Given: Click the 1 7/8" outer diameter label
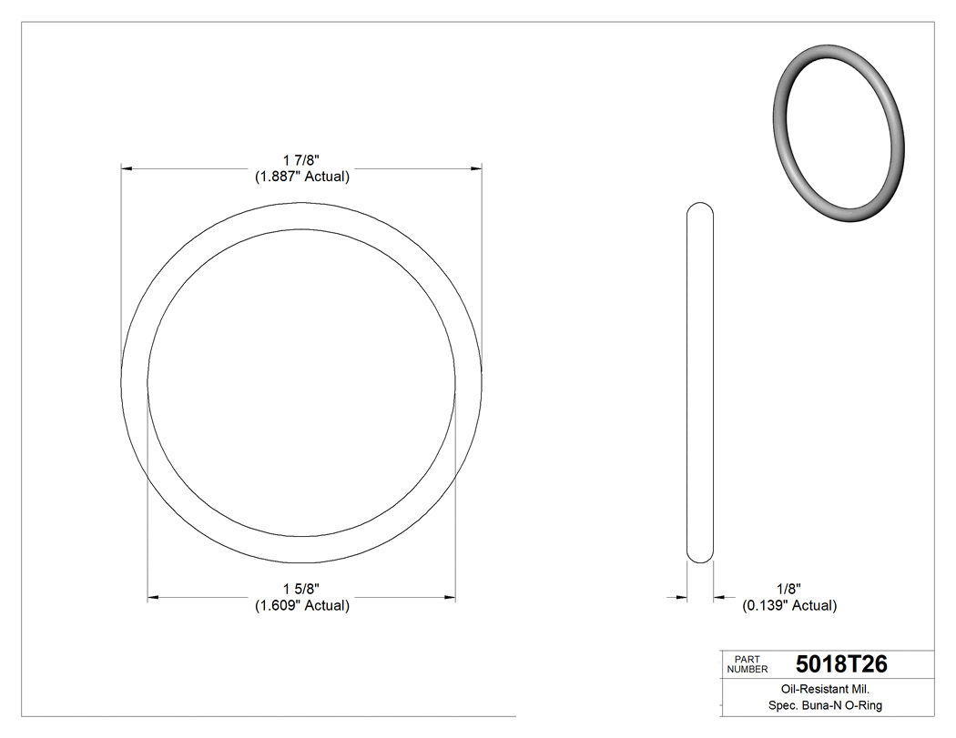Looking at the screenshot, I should point(301,160).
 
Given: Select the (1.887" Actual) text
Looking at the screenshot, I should point(301,177).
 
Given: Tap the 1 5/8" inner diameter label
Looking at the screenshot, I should point(301,589).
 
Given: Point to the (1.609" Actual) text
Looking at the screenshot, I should point(301,605).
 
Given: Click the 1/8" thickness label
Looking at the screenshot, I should point(788,589).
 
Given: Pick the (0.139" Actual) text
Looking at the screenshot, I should point(788,605).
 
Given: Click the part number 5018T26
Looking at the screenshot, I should point(840,664).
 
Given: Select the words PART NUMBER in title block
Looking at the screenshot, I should point(748,664).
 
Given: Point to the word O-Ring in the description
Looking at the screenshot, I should point(862,705).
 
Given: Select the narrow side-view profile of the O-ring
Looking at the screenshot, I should point(699,382).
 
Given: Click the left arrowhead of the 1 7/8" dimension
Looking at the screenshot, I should point(127,168).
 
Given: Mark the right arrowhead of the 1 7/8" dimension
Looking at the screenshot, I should point(475,168).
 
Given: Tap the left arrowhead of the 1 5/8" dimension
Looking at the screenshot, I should point(154,597).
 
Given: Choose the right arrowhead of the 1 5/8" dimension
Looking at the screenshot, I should point(449,597).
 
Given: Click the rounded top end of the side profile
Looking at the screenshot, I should point(699,207).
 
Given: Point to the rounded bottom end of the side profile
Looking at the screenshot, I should point(699,557).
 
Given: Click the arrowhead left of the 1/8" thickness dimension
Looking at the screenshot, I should point(681,597).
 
